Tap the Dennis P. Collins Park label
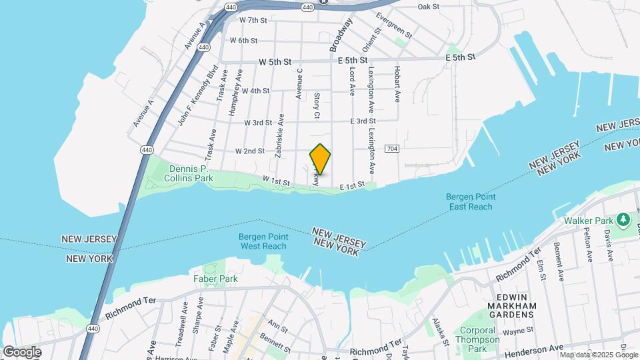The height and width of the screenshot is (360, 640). tap(182, 173)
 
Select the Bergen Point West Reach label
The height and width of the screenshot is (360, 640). tap(263, 241)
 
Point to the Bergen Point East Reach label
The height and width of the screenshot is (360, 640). tap(469, 201)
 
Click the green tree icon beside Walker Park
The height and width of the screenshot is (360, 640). tap(623, 219)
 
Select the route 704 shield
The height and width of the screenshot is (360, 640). tap(392, 148)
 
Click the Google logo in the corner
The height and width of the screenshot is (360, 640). tap(21, 352)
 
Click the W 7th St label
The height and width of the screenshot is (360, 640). tap(253, 20)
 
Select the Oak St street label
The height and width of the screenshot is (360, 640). tap(429, 6)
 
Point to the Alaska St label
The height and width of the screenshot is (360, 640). tap(439, 331)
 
